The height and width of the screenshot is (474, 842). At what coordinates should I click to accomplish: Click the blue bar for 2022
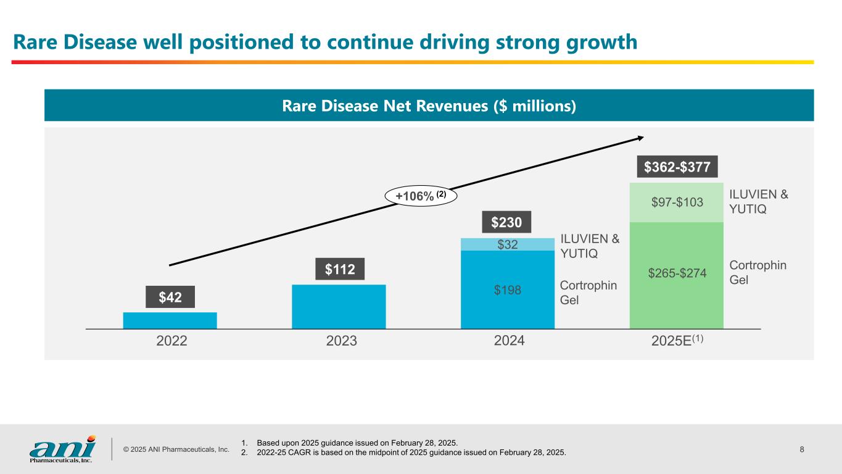pos(170,320)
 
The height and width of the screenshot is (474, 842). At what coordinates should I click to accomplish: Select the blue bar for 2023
pos(339,307)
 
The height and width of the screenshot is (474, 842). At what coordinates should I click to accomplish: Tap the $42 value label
pos(170,297)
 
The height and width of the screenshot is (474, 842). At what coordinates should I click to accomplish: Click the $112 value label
pos(340,269)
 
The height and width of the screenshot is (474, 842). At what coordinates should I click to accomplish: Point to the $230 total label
pos(506,222)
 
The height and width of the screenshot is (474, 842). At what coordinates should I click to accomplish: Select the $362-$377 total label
pos(677,167)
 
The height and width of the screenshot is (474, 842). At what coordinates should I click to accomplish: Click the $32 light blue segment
pos(508,244)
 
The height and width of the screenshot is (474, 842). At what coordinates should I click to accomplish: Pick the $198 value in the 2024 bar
pos(508,289)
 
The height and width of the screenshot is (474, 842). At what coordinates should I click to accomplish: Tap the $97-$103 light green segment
pos(677,202)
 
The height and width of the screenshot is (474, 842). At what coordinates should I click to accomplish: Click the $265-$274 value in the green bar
pos(677,273)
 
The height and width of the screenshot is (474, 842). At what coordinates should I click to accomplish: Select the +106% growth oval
pos(421,196)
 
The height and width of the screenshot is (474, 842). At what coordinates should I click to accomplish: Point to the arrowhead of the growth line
pos(643,137)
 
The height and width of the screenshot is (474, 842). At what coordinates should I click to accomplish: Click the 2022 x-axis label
pos(171,341)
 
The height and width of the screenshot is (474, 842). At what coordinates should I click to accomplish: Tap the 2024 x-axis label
pos(510,341)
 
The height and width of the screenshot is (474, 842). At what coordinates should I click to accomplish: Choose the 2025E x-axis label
pos(677,341)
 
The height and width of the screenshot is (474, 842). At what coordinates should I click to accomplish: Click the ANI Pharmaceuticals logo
pos(62,449)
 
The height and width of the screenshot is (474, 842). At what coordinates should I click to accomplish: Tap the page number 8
pos(802,449)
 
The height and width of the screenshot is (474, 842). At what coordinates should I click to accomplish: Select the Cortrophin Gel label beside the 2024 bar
pos(588,293)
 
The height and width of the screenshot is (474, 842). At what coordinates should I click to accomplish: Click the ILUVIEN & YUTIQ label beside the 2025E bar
pos(759,202)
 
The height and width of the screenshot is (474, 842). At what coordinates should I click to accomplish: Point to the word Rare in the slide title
pos(35,41)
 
